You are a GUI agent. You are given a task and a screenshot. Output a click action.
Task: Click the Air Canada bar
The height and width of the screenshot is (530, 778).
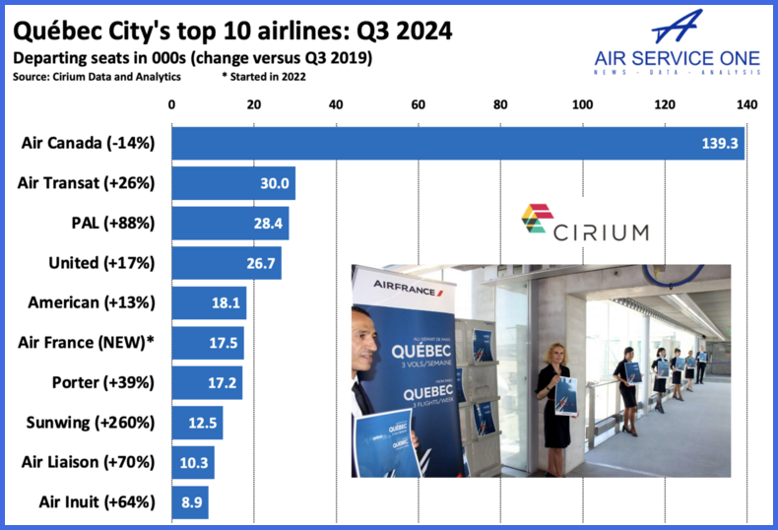pyautogui.click(x=458, y=143)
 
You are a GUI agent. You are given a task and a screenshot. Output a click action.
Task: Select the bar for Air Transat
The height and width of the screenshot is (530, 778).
pyautogui.click(x=233, y=183)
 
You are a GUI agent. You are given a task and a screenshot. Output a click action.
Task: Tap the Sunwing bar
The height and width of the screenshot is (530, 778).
pyautogui.click(x=197, y=423)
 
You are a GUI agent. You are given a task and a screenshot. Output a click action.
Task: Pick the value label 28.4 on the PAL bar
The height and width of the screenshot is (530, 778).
pyautogui.click(x=268, y=224)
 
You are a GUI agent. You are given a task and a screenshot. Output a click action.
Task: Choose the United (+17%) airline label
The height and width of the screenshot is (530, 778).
pyautogui.click(x=101, y=263)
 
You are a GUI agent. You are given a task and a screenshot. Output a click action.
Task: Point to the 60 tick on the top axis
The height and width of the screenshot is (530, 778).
pyautogui.click(x=418, y=105)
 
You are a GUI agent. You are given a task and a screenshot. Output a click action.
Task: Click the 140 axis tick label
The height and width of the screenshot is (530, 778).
pyautogui.click(x=746, y=105)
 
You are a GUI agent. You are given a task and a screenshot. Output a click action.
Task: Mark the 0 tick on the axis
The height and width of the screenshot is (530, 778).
pyautogui.click(x=172, y=105)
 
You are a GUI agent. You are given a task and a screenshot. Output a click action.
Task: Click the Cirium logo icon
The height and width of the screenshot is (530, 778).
pyautogui.click(x=537, y=221)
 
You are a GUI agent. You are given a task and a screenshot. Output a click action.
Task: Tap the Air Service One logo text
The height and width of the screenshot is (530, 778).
pyautogui.click(x=678, y=58)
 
